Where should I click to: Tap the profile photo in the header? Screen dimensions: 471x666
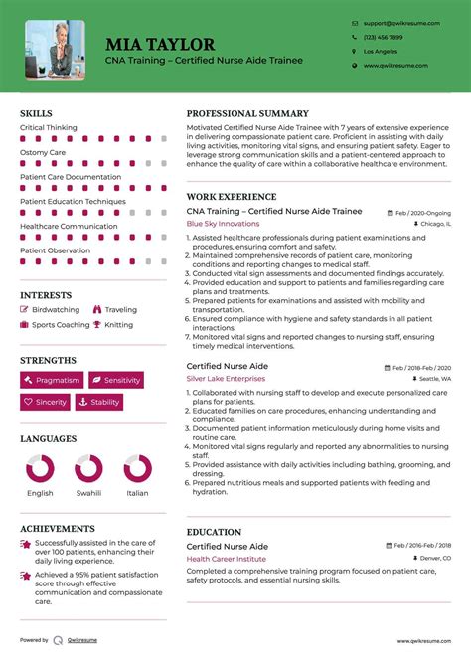click(55, 49)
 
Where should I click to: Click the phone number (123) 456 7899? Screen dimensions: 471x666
click(383, 37)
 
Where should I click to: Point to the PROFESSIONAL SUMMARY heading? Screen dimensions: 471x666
click(247, 114)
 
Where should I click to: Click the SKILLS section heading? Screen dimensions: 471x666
click(36, 114)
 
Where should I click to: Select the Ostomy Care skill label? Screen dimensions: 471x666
click(43, 153)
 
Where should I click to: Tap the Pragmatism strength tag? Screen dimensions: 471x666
click(51, 380)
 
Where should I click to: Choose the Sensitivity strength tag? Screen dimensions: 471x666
click(115, 380)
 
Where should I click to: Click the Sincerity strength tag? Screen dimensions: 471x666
click(45, 402)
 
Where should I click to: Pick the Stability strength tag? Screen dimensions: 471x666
click(98, 402)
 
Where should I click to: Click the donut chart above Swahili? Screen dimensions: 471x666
click(88, 468)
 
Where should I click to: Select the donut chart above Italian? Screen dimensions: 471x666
click(137, 468)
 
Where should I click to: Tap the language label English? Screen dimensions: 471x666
click(41, 493)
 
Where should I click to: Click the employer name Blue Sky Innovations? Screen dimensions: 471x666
click(223, 224)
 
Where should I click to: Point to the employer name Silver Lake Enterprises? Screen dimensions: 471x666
click(227, 379)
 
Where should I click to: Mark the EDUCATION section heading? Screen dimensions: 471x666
click(214, 532)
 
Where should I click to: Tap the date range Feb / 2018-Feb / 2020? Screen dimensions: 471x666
click(421, 367)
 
